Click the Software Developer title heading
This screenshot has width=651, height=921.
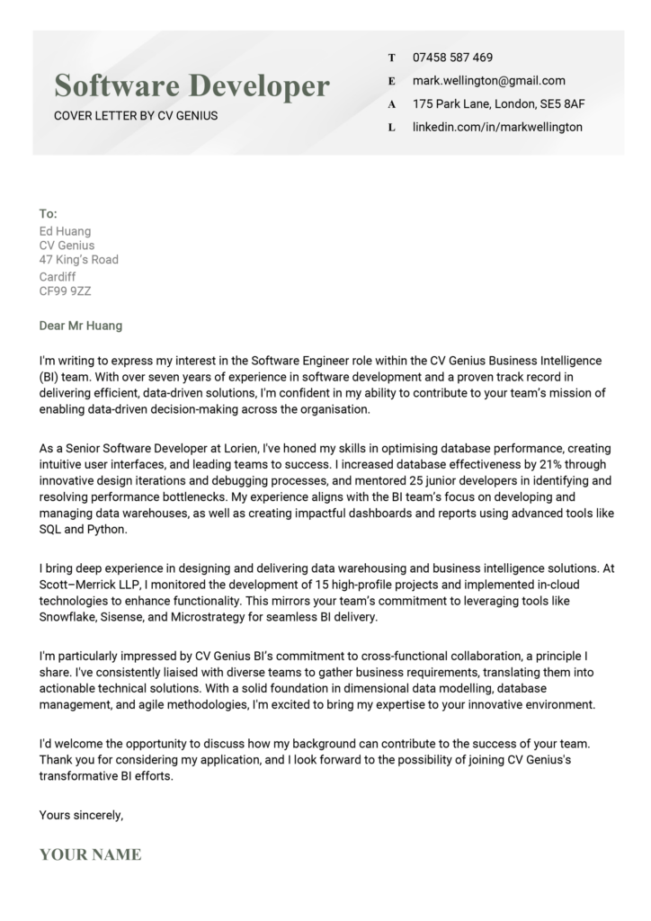click(x=192, y=86)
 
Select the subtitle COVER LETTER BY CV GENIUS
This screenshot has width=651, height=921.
click(x=135, y=115)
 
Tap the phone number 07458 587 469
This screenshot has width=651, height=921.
click(x=452, y=57)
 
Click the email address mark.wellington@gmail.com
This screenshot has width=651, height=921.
click(x=488, y=80)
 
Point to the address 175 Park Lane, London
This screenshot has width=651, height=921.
click(x=498, y=103)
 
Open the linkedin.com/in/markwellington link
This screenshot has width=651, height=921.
click(x=496, y=127)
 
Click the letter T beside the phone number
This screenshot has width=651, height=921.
click(x=391, y=58)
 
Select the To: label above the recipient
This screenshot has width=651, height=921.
click(x=49, y=214)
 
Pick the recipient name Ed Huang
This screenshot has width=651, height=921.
click(x=65, y=231)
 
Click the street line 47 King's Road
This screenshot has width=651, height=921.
click(x=78, y=260)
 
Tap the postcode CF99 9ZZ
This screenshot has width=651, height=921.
click(x=65, y=291)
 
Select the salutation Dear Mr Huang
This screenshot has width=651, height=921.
click(x=81, y=326)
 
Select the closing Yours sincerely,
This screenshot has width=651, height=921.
click(x=81, y=815)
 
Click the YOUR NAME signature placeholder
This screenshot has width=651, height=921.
click(x=90, y=854)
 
